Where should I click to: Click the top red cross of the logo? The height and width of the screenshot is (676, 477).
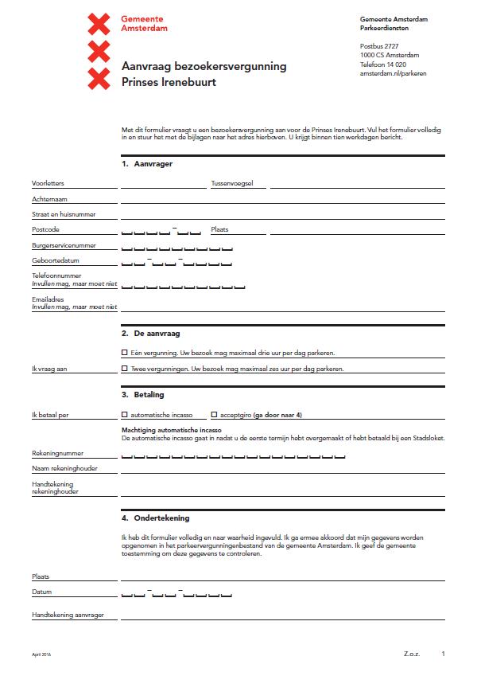pos(98,23)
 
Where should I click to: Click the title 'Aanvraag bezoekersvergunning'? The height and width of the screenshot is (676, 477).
pos(204,66)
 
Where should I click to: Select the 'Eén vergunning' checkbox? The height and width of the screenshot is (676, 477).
pos(124,352)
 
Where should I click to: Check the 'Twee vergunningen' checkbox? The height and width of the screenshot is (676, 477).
pos(124,369)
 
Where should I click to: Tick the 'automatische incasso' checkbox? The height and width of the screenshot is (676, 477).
pos(124,414)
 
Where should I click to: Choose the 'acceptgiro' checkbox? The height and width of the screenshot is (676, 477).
pos(214,414)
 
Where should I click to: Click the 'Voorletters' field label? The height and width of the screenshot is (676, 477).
pos(48,183)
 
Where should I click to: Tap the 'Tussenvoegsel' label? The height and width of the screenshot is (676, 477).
pos(231,183)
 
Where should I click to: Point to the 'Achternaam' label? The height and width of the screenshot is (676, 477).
pos(48,199)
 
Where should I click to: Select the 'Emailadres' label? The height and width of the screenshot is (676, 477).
pos(48,299)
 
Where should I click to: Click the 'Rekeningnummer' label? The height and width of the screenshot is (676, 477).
pos(58,453)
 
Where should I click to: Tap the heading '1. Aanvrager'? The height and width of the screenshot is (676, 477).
pos(147,163)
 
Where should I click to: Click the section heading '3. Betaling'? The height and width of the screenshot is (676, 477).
pos(143,394)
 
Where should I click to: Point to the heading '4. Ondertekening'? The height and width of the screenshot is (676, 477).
pos(156,518)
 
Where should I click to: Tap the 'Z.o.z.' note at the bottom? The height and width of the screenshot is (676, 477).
pos(411,654)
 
